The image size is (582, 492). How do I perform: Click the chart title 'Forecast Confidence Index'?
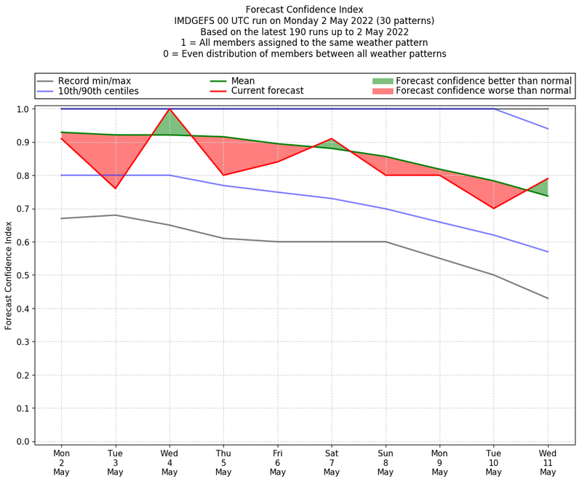point(304,9)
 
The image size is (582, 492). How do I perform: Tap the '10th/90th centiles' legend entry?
point(98,91)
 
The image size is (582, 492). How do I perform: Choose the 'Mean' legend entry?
point(243,81)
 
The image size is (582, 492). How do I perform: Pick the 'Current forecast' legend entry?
point(267,91)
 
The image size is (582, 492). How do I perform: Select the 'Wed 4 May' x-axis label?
point(170,462)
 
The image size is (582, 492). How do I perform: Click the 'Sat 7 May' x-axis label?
point(332,462)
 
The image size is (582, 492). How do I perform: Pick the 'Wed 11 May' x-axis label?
point(548,462)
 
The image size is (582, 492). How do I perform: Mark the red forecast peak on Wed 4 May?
point(170,109)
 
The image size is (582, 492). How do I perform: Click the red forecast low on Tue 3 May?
point(115,189)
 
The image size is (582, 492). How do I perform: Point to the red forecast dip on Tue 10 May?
point(494,208)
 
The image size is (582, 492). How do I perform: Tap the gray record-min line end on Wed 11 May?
point(548,298)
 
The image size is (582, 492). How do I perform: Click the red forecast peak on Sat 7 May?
point(332,138)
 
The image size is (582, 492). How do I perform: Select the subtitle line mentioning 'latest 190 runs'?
point(304,32)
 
